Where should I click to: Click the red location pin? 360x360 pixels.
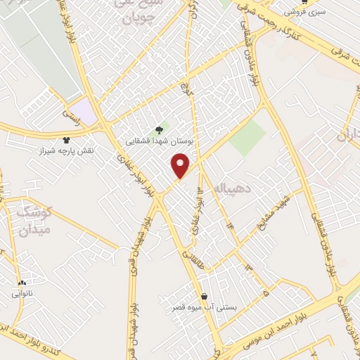point(181,165)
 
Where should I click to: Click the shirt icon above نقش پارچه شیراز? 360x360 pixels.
point(67,141)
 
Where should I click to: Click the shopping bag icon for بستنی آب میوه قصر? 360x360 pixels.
point(204,296)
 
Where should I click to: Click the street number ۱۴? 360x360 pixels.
point(229,225)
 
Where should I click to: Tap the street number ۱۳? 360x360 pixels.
point(247,268)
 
